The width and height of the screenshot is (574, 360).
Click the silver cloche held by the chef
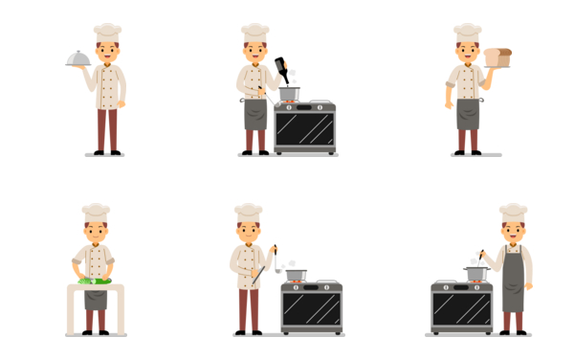tap(77, 58)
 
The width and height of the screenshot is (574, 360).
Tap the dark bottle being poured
tap(282, 70)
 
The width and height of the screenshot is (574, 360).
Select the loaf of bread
tap(497, 57)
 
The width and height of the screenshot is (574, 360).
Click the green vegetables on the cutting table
tap(95, 281)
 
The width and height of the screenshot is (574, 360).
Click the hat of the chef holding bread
tap(467, 33)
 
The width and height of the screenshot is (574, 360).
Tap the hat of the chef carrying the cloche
tap(107, 33)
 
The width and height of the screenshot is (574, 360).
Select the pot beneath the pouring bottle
tap(289, 94)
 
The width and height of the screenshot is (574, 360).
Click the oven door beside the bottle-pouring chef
tap(305, 129)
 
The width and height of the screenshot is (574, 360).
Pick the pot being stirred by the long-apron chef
tap(475, 274)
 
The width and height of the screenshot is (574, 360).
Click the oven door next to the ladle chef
tap(312, 309)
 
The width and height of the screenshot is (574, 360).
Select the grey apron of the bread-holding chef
tap(467, 112)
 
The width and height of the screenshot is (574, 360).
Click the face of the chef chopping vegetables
tap(95, 232)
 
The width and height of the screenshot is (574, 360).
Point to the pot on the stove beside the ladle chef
tap(297, 275)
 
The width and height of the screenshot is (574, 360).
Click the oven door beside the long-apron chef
tap(461, 309)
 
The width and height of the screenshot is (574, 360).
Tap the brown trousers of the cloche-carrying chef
tap(107, 129)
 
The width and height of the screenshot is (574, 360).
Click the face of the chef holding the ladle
tap(249, 231)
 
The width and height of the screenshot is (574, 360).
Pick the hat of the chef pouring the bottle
tap(254, 33)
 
